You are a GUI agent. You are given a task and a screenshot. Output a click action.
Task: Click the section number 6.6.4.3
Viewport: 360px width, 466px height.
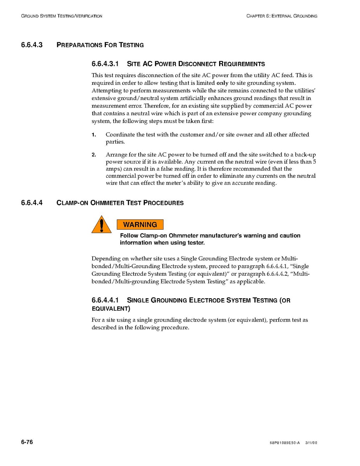[x=32, y=45]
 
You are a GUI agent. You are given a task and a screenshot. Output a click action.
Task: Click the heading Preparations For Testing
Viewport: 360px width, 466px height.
[x=100, y=45]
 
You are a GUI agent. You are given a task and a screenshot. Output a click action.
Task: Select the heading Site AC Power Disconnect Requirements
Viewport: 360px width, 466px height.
[x=196, y=64]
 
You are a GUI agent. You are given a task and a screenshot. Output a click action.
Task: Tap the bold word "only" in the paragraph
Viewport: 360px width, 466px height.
[x=222, y=83]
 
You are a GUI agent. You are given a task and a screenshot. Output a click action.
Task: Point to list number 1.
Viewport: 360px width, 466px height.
[x=94, y=135]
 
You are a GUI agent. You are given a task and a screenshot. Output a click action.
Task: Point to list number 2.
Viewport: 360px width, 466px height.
[x=94, y=155]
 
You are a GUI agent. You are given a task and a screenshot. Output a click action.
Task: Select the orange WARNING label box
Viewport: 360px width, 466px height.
[x=140, y=225]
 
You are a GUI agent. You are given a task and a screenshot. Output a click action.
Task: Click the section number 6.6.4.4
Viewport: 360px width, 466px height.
[x=32, y=203]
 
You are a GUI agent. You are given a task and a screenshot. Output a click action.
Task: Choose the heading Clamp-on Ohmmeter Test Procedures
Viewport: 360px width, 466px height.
[x=120, y=203]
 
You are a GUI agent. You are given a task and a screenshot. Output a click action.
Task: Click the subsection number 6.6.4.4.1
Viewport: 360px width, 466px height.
[x=105, y=300]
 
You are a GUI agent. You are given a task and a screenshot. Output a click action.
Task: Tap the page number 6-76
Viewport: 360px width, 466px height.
[x=27, y=442]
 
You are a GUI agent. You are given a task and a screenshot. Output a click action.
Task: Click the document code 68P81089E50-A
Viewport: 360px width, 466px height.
[x=284, y=443]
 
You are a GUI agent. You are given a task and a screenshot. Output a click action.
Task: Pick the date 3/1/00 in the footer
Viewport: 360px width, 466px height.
[x=311, y=443]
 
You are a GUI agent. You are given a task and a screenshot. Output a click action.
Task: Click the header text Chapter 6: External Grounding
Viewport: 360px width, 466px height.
[x=281, y=16]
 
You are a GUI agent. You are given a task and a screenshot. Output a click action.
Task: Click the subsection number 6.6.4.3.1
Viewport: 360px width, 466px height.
[x=105, y=64]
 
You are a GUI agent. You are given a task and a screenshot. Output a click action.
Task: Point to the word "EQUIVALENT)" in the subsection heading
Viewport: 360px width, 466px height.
[x=111, y=309]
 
